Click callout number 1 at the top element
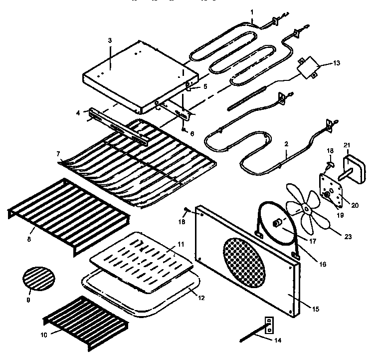[252, 11]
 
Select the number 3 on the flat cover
[110, 40]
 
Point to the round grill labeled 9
[38, 278]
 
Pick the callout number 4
[78, 112]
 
